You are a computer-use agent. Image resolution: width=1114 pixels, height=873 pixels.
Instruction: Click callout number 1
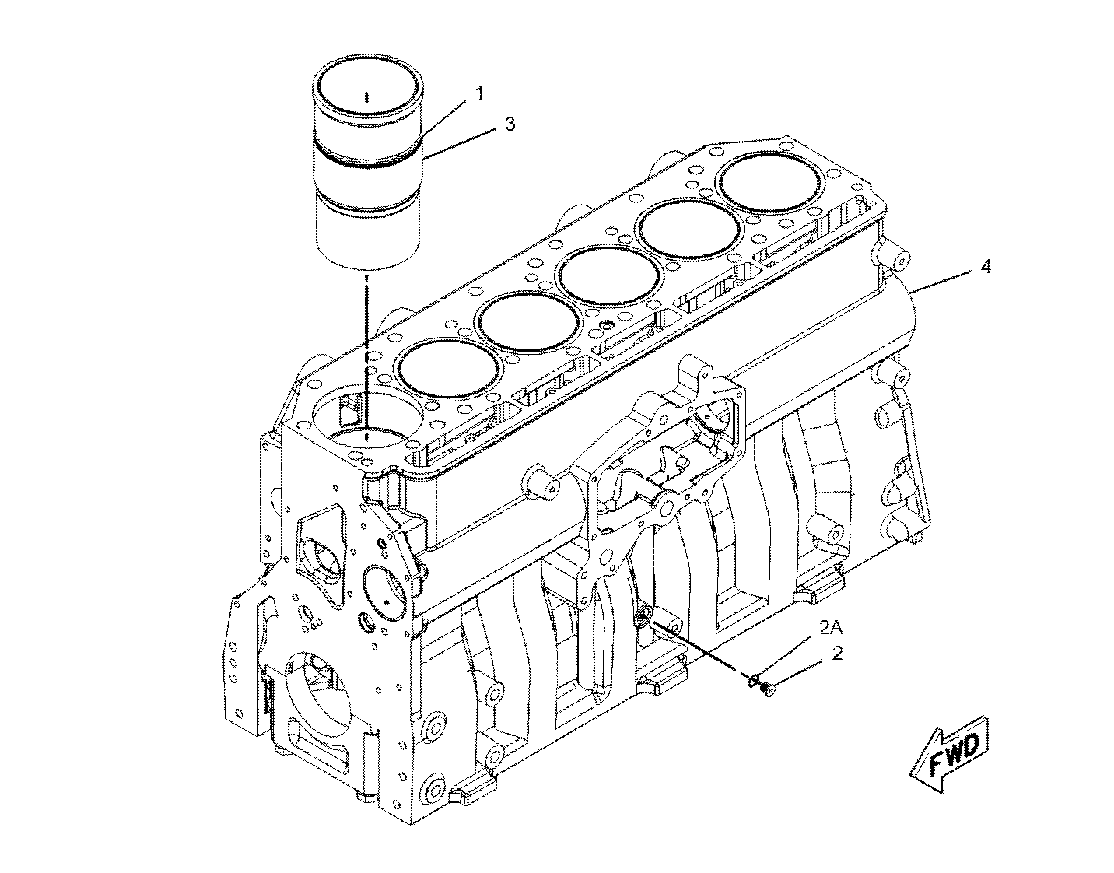point(478,93)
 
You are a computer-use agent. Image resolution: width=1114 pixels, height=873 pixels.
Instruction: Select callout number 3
point(509,124)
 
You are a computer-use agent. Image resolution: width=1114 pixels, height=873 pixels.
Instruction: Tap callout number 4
point(986,267)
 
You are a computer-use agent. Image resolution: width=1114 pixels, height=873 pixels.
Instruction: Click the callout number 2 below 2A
point(837,654)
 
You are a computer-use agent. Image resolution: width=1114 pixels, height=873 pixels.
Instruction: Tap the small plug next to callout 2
point(768,690)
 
